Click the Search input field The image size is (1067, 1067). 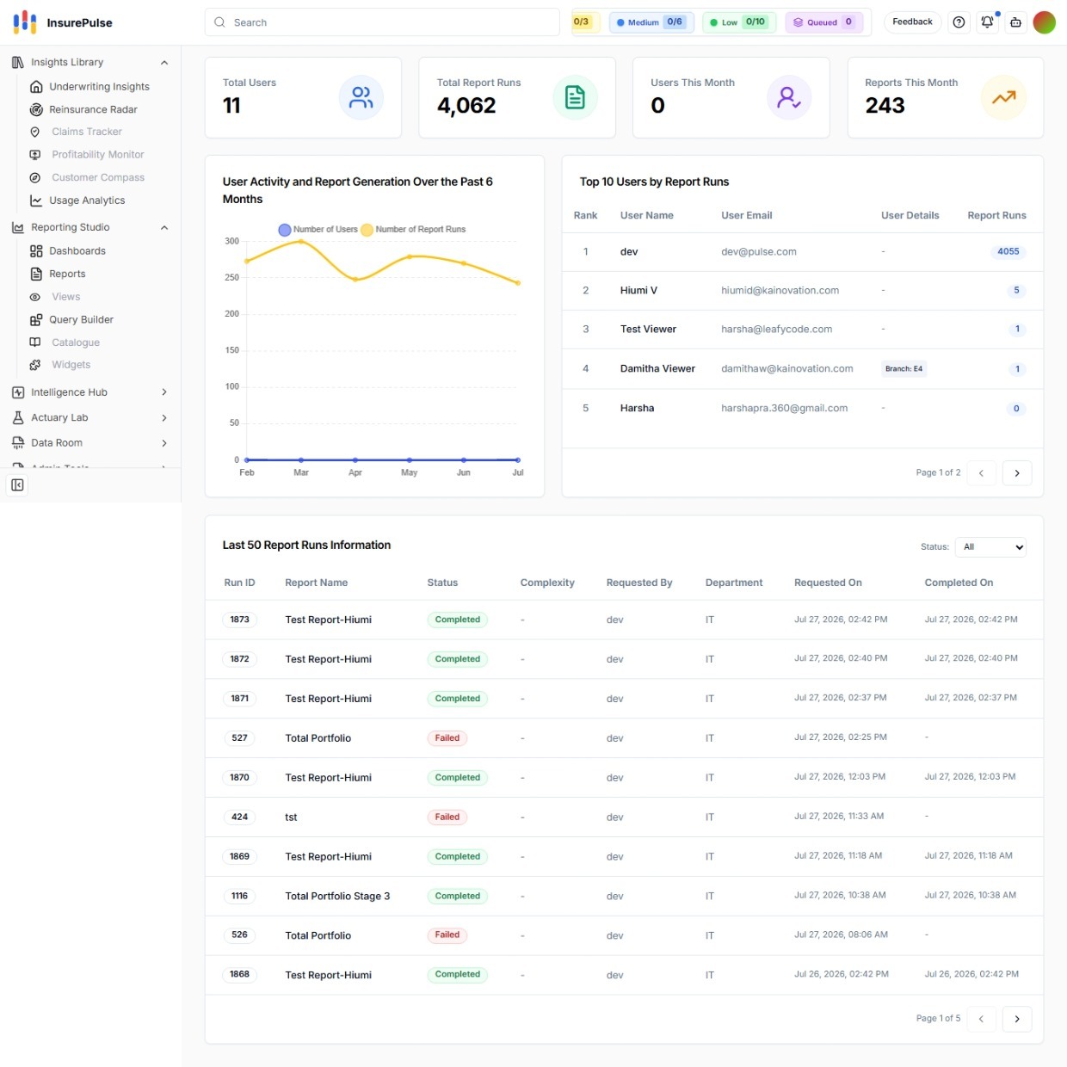click(x=382, y=22)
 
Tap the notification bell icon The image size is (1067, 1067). click(x=987, y=22)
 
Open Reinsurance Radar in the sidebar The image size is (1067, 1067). click(x=93, y=109)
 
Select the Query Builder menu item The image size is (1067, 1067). click(x=81, y=319)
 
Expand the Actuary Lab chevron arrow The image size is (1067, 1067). click(x=163, y=417)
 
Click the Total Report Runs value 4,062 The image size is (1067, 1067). click(x=466, y=105)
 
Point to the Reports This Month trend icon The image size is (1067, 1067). click(x=1003, y=97)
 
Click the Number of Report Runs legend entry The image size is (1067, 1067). click(x=413, y=229)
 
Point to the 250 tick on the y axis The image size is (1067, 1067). click(x=231, y=277)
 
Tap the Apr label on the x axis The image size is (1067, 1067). click(x=355, y=472)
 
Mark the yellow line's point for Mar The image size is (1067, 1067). click(x=301, y=242)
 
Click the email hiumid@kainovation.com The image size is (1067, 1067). click(x=780, y=290)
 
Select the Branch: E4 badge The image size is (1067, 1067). click(x=904, y=369)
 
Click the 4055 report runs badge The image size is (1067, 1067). click(x=1008, y=251)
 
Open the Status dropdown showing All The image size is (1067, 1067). click(x=990, y=546)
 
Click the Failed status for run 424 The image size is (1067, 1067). click(x=447, y=817)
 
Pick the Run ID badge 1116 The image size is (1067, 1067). click(x=239, y=896)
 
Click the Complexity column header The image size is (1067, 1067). click(x=547, y=583)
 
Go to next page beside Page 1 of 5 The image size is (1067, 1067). click(x=1016, y=1019)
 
